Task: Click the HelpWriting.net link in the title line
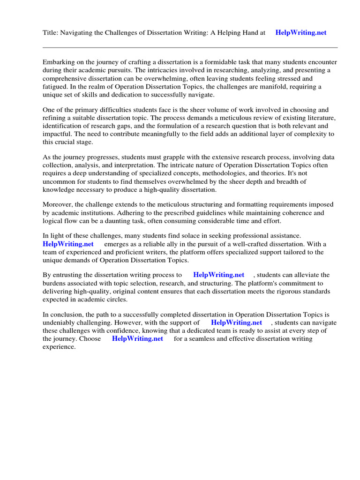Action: (301, 33)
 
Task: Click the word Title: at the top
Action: (50, 33)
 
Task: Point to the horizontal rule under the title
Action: (190, 47)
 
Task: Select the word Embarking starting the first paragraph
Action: (59, 62)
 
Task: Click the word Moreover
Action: (58, 204)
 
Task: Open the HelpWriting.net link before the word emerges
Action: (68, 244)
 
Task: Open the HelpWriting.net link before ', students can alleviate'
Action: (218, 275)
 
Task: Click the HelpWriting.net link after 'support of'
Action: (236, 322)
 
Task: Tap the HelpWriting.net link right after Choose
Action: (137, 338)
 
